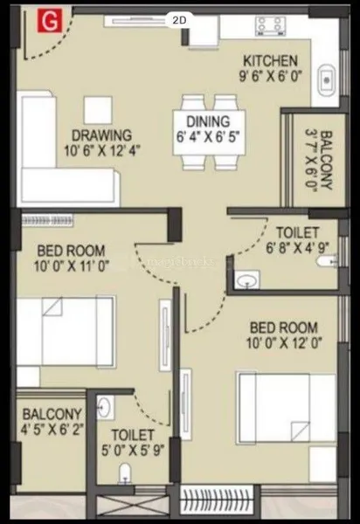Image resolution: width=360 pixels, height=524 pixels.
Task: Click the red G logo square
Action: tap(50, 21)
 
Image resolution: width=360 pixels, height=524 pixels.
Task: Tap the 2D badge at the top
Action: tap(179, 20)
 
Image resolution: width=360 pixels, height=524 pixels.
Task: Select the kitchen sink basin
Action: tap(326, 80)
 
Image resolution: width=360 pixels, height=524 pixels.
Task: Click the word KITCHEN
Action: tap(270, 61)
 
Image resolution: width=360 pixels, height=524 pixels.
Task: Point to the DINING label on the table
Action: tap(208, 121)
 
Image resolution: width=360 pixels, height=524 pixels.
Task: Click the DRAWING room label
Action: tap(102, 135)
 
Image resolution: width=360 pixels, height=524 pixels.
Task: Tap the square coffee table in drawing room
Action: tap(98, 110)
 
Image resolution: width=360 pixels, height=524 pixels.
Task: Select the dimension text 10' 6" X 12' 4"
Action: tap(101, 151)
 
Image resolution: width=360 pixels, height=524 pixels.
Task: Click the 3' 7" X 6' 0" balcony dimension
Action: tap(311, 161)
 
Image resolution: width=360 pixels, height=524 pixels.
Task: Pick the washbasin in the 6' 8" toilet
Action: tap(246, 279)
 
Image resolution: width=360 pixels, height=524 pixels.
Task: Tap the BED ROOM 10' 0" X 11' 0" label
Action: tap(71, 259)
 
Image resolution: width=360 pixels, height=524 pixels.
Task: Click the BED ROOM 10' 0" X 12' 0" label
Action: tap(284, 335)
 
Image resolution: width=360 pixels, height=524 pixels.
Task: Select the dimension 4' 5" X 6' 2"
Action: tap(52, 430)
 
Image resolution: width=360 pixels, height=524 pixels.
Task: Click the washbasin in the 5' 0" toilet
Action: tap(106, 407)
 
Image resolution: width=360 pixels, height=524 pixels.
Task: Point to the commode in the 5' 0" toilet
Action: tap(125, 472)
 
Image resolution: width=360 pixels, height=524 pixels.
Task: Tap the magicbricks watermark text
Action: tap(181, 261)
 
